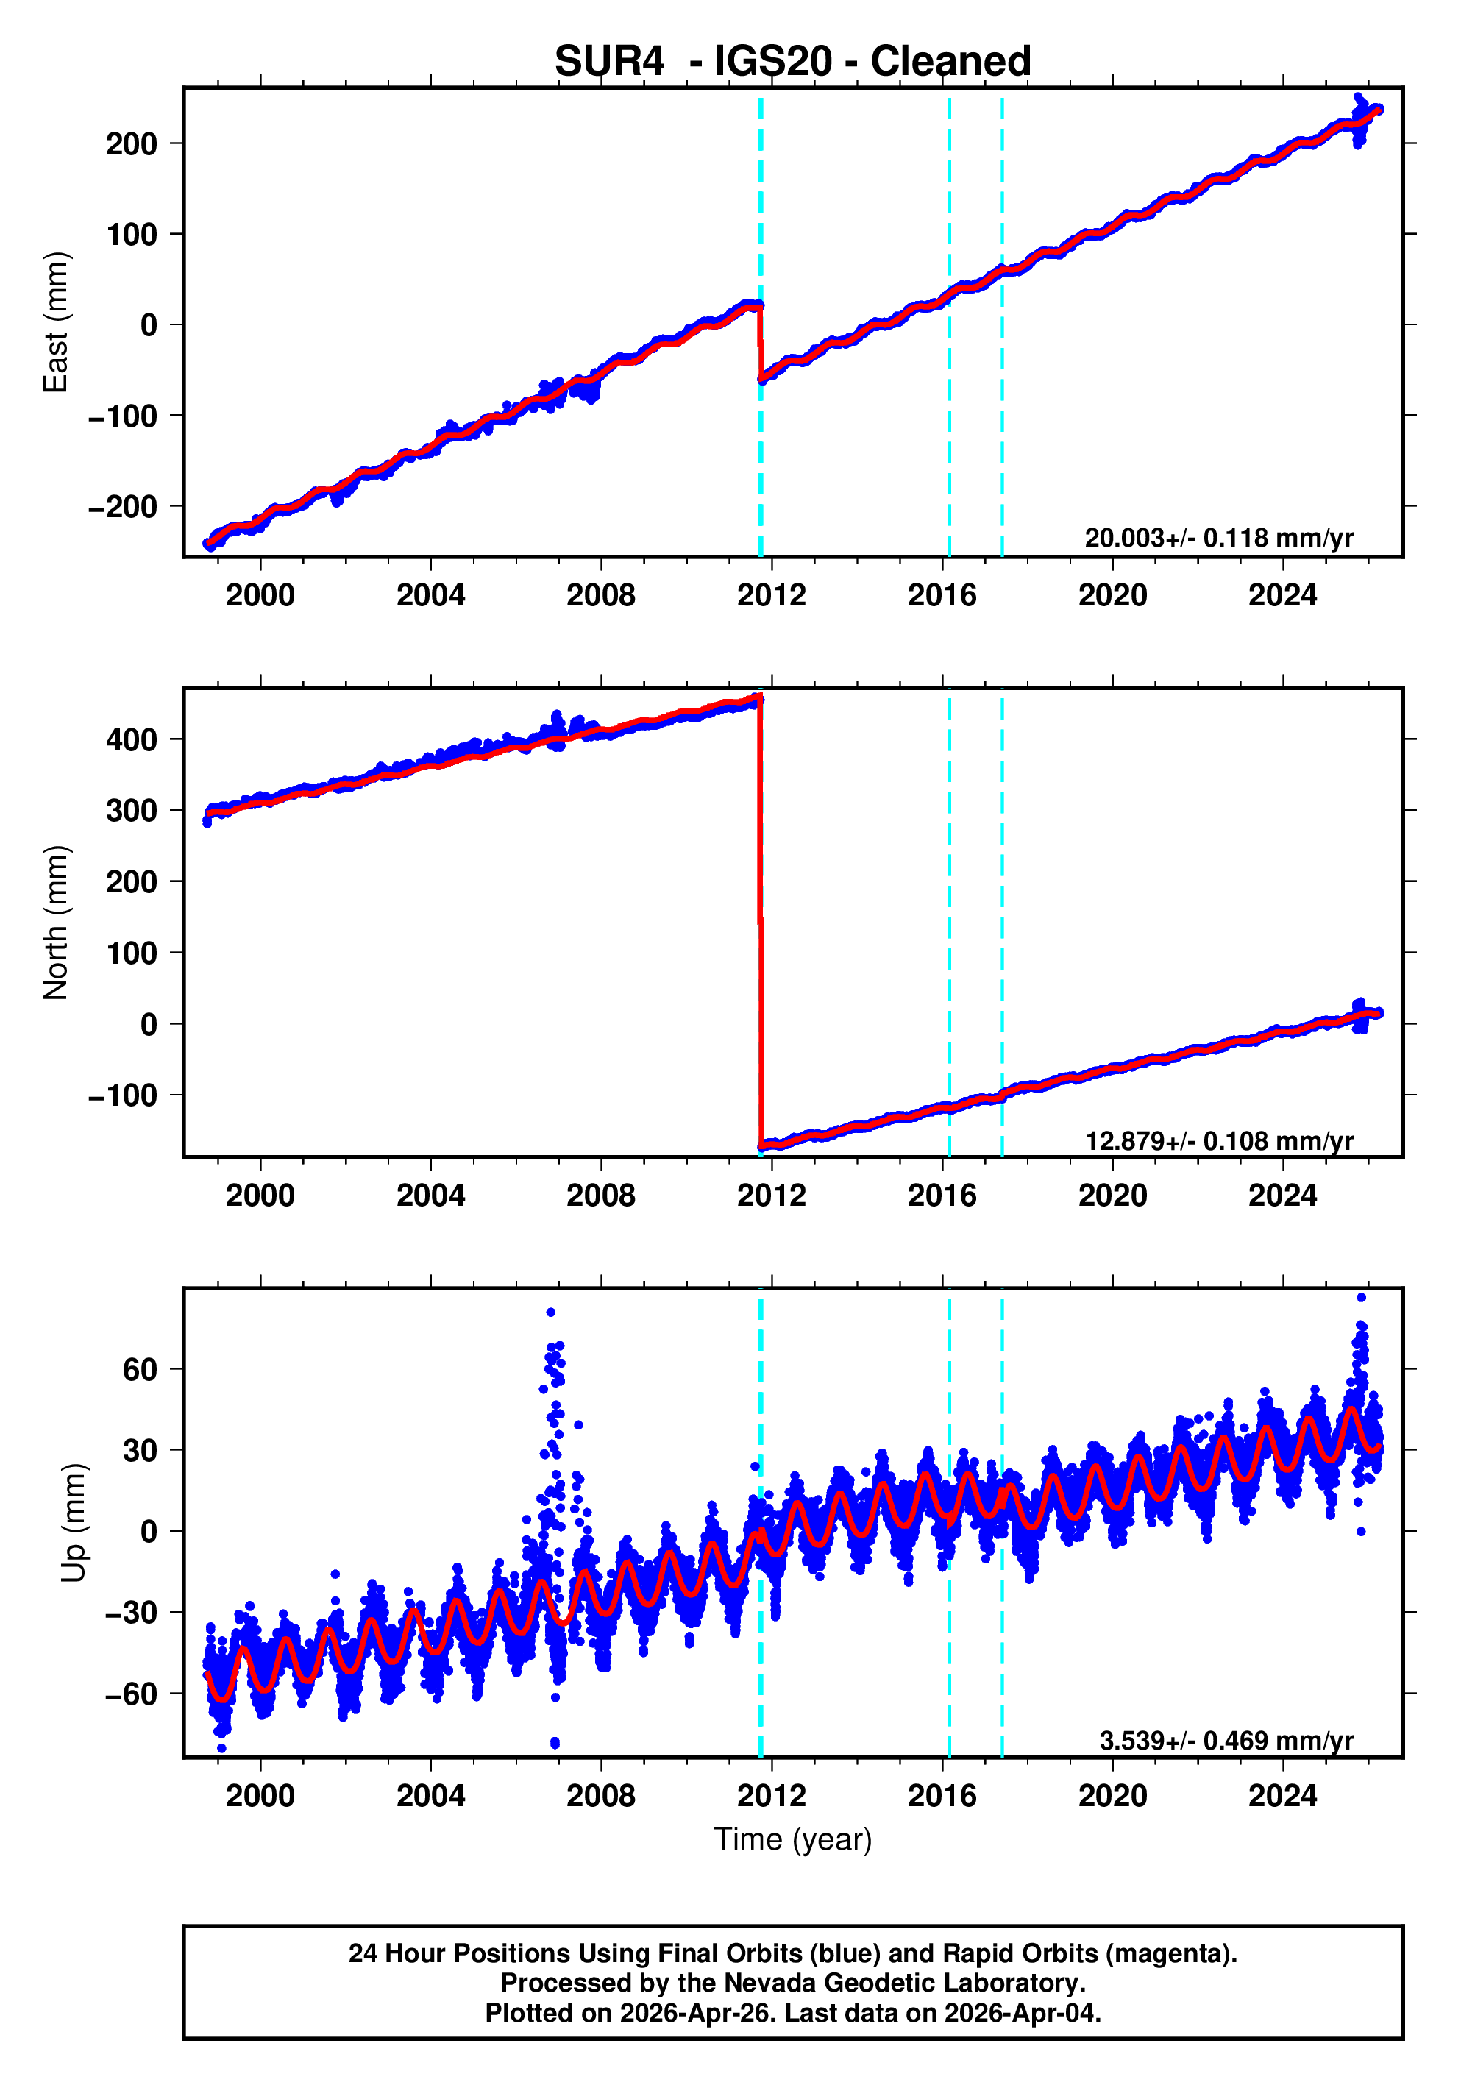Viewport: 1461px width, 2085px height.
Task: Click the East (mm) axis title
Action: [57, 322]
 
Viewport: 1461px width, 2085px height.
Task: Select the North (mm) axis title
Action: [57, 923]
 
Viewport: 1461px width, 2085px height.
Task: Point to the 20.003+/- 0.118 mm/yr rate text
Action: [1218, 538]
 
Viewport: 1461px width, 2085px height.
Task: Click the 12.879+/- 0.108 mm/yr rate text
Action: [1218, 1140]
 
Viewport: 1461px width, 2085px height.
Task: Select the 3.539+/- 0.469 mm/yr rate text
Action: [1226, 1740]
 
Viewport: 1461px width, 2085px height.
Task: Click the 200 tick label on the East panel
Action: [131, 143]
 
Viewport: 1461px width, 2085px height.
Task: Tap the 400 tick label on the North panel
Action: [131, 739]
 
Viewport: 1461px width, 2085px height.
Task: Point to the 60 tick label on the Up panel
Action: [140, 1368]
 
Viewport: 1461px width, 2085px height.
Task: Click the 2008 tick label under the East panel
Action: [600, 596]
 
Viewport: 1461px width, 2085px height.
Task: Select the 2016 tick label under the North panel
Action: [942, 1196]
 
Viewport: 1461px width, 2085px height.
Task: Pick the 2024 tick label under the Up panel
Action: [1282, 1795]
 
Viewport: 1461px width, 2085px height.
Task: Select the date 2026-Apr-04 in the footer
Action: [1020, 2013]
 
